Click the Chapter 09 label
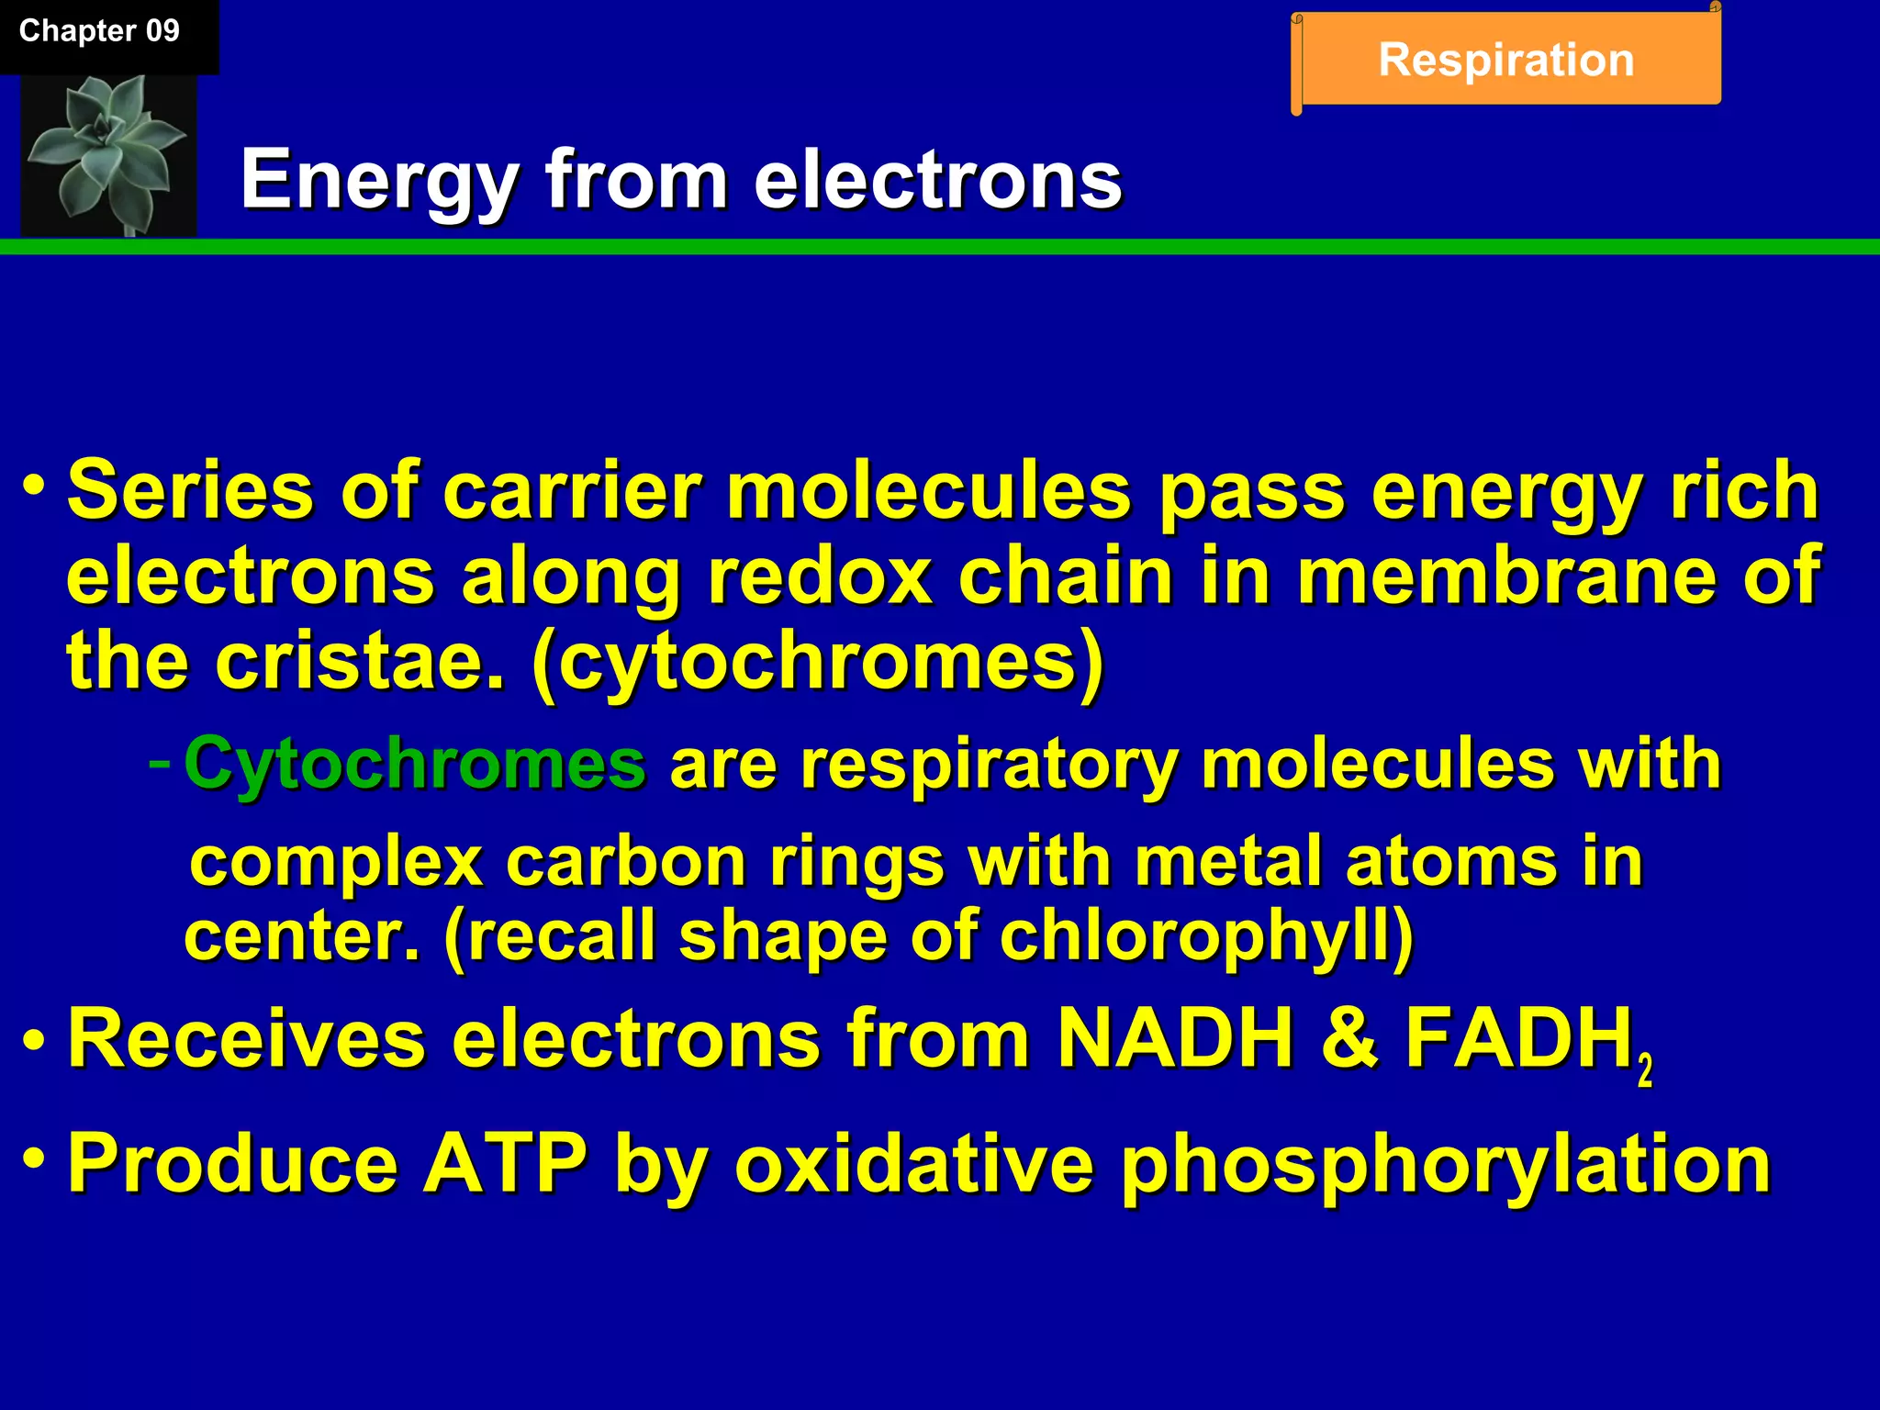[99, 31]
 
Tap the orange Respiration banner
[1505, 61]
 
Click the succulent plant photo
[108, 154]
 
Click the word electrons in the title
[937, 180]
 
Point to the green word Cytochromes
[415, 764]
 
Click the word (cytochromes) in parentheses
[817, 661]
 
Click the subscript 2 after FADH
[1645, 1070]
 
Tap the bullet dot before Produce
[34, 1156]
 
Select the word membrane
[1506, 576]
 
